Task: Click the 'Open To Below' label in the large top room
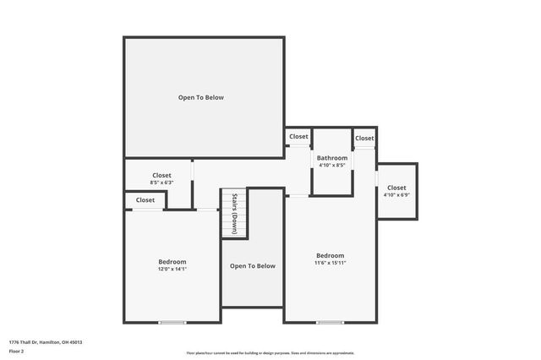pos(201,97)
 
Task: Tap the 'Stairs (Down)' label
pos(235,213)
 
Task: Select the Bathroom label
pos(332,158)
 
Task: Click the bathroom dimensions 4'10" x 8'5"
pos(332,166)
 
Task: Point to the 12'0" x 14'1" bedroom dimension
pos(172,270)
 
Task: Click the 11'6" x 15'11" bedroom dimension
pos(330,263)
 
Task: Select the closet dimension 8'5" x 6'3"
pos(161,183)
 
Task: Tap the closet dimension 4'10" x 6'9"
pos(396,195)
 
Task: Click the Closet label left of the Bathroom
pos(298,137)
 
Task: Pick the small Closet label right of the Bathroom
pos(364,138)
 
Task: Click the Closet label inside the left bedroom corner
pos(145,200)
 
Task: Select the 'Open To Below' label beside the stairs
pos(253,266)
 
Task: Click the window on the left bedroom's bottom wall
pos(172,322)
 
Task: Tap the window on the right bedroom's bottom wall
pos(330,322)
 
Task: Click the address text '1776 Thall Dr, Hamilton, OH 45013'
pos(46,342)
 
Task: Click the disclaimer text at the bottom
pos(270,353)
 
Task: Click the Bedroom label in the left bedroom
pos(172,262)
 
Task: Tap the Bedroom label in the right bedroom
pos(330,255)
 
